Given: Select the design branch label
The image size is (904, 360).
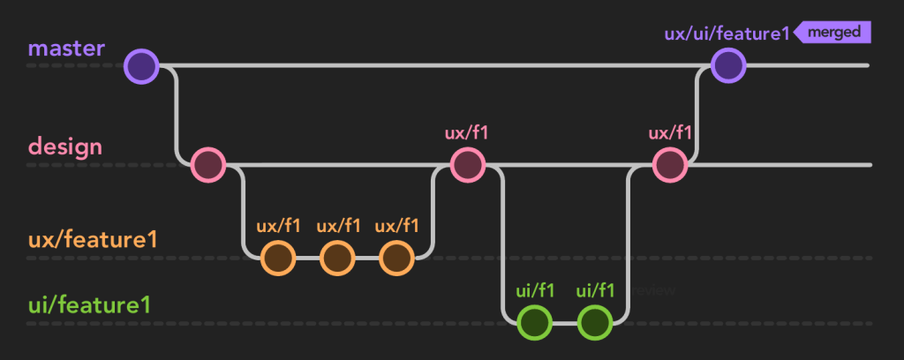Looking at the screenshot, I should click(x=65, y=146).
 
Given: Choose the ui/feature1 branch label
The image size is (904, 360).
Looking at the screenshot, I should click(x=88, y=305).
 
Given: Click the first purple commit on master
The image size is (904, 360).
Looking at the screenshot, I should click(x=141, y=66).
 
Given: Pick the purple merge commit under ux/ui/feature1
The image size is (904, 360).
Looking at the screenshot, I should click(x=728, y=65).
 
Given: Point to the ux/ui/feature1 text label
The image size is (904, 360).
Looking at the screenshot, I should click(x=727, y=34).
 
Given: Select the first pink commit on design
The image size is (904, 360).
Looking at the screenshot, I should click(x=209, y=165).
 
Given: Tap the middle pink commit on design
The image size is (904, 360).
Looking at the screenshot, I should click(x=467, y=165).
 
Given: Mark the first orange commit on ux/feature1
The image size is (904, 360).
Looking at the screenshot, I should click(x=278, y=258).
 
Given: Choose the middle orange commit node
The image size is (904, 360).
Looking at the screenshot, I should click(x=337, y=258).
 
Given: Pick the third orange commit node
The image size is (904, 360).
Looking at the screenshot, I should click(x=396, y=258).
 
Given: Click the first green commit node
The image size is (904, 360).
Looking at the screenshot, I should click(x=535, y=322).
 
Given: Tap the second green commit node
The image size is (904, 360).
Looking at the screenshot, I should click(x=595, y=322).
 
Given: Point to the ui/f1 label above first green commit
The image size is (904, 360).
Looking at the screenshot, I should click(x=535, y=290).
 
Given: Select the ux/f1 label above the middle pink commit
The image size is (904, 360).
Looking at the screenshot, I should click(x=467, y=133).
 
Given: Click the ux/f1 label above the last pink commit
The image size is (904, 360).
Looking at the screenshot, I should click(x=670, y=133).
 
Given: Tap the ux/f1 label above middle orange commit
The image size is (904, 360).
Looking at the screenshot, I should click(x=338, y=226).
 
